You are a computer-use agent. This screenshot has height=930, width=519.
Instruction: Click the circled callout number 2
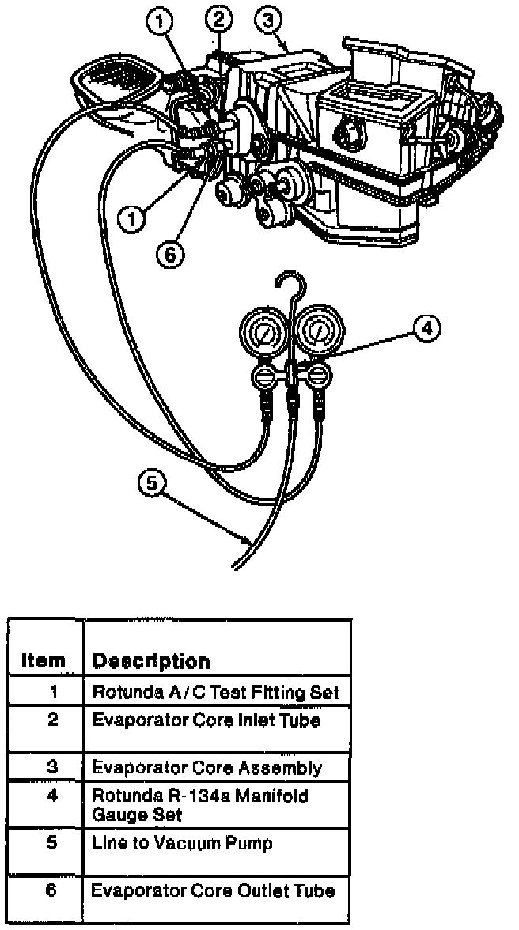point(219,17)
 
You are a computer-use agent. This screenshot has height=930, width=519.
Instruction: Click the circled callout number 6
point(169,254)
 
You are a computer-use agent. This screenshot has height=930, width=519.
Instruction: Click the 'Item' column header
point(44,661)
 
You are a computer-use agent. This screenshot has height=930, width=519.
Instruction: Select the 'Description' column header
point(152,661)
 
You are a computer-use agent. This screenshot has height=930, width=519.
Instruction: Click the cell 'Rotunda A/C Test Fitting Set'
point(215,693)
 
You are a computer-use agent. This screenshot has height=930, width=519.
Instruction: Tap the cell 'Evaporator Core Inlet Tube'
point(206,720)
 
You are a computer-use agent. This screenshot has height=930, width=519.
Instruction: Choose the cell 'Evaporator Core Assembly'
point(206,767)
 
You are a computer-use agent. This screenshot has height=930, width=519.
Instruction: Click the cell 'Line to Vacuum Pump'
point(182,843)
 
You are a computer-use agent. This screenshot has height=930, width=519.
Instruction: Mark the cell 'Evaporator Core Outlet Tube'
point(213,891)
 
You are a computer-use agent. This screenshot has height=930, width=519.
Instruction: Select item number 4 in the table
point(51,795)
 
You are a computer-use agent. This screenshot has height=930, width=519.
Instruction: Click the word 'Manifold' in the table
point(278,796)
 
